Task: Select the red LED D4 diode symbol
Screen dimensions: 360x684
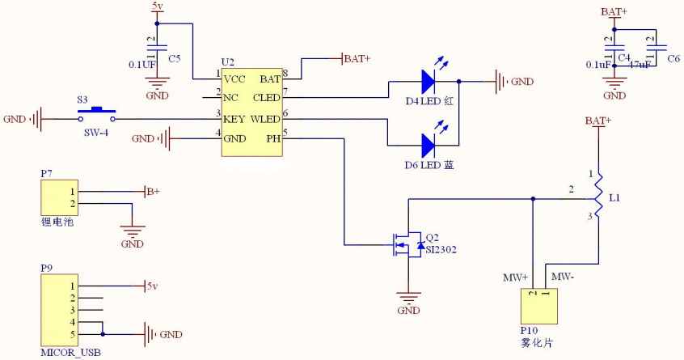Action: pos(428,81)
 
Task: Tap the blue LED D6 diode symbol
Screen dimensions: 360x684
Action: pos(428,145)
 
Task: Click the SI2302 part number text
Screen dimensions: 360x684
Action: pos(441,250)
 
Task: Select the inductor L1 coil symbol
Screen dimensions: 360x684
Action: pos(597,195)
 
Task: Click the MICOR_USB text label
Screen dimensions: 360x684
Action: pos(70,353)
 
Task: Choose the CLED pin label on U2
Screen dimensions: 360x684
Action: pos(266,99)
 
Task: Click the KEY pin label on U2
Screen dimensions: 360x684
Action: pos(234,119)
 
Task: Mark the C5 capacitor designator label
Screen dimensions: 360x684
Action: pos(174,58)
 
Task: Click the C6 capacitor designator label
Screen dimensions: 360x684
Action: pos(673,58)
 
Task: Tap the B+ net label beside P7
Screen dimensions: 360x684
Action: pos(152,192)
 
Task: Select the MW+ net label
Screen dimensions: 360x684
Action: pos(515,277)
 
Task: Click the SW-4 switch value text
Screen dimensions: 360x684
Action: pos(95,132)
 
